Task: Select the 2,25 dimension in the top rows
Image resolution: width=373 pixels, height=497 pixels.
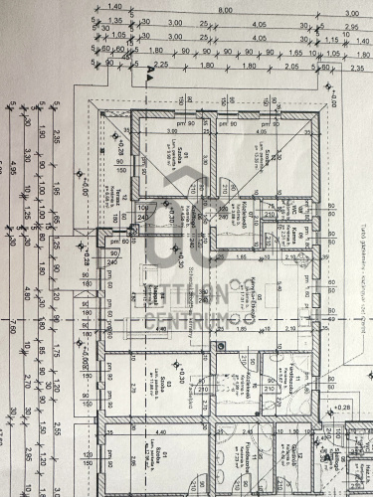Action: click(162, 64)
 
